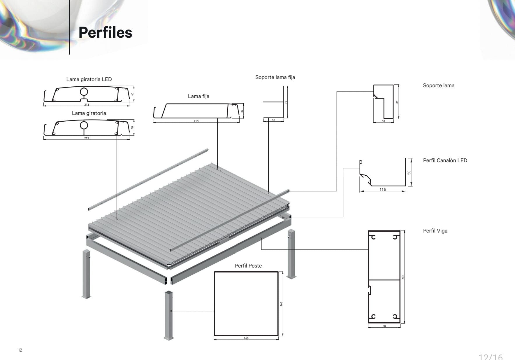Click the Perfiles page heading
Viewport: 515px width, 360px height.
pyautogui.click(x=105, y=32)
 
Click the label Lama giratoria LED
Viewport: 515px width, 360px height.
pyautogui.click(x=89, y=79)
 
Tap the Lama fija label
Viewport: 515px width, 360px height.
pyautogui.click(x=198, y=96)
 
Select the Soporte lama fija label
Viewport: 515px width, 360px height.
pyautogui.click(x=275, y=77)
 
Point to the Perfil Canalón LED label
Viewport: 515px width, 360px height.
pyautogui.click(x=445, y=160)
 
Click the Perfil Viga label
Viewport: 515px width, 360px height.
pyautogui.click(x=435, y=231)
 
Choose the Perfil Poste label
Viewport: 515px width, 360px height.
pyautogui.click(x=248, y=266)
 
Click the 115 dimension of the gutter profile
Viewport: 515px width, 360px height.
pyautogui.click(x=382, y=190)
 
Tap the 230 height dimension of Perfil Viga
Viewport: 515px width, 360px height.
pyautogui.click(x=403, y=277)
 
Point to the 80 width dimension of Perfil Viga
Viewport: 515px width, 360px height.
pyautogui.click(x=384, y=326)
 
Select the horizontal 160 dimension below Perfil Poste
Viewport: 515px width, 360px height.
pyautogui.click(x=246, y=338)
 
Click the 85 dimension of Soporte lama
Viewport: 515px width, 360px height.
pyautogui.click(x=397, y=102)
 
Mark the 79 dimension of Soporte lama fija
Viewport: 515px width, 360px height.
pyautogui.click(x=286, y=102)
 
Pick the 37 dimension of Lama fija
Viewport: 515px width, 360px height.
pyautogui.click(x=242, y=111)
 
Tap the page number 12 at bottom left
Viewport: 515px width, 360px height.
pyautogui.click(x=20, y=350)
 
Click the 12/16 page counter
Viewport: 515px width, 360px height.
pyautogui.click(x=491, y=357)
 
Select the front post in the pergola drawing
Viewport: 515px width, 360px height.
pyautogui.click(x=169, y=315)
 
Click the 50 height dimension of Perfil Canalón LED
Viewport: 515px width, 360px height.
pyautogui.click(x=409, y=172)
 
